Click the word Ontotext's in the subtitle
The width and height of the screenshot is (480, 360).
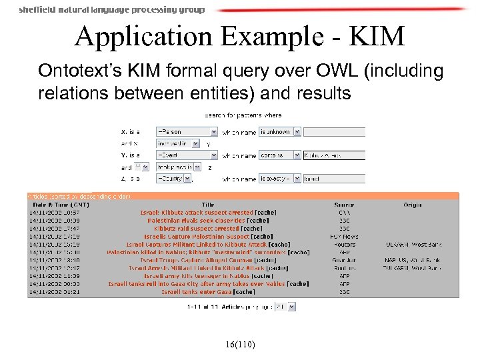click(x=73, y=71)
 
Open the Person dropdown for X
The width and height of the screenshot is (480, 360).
click(x=187, y=132)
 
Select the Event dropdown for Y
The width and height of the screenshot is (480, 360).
click(x=187, y=155)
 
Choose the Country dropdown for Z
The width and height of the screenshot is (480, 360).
click(x=187, y=179)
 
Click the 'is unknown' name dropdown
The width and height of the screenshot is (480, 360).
click(x=279, y=132)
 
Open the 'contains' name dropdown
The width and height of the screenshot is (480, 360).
click(x=279, y=155)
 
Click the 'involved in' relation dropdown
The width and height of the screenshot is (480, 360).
click(x=177, y=143)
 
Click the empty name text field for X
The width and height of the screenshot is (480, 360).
click(x=334, y=132)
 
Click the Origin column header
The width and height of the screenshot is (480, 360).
click(x=413, y=205)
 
